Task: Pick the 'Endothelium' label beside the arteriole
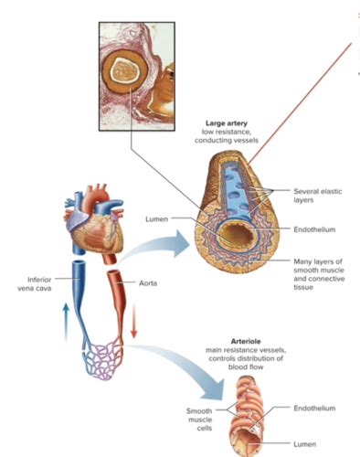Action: click(316, 408)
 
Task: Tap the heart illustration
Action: click(96, 225)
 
